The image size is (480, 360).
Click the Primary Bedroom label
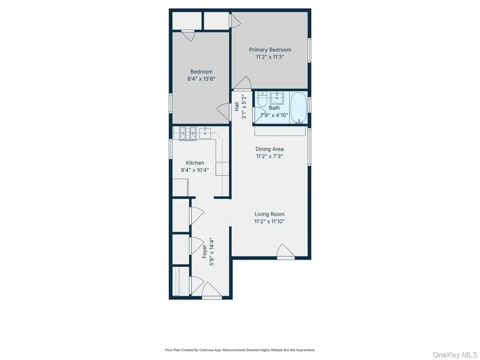click(270, 50)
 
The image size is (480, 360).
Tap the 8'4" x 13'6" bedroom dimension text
click(202, 79)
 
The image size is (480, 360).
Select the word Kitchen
click(195, 163)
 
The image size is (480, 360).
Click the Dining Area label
click(269, 149)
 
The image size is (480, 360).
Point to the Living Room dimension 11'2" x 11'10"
click(269, 221)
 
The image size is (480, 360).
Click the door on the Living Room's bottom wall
click(285, 252)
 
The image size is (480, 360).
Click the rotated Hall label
click(237, 107)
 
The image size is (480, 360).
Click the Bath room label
click(274, 108)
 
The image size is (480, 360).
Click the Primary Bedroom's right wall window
click(309, 52)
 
